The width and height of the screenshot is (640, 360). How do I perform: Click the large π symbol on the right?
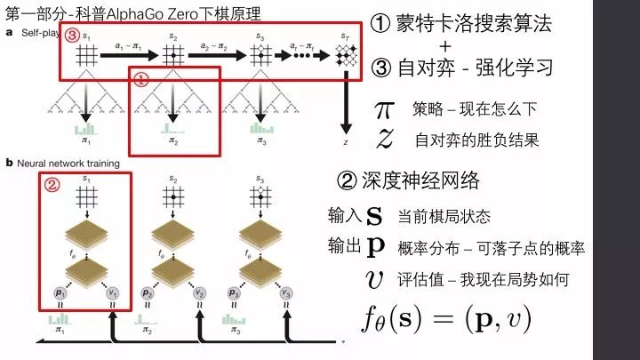click(384, 110)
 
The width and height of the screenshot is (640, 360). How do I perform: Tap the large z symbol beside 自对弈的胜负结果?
click(384, 139)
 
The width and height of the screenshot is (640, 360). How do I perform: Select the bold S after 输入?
click(374, 216)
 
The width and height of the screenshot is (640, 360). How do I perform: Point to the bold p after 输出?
click(376, 247)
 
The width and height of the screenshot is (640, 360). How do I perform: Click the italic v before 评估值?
click(374, 279)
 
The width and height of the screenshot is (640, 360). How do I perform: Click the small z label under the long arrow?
click(345, 142)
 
